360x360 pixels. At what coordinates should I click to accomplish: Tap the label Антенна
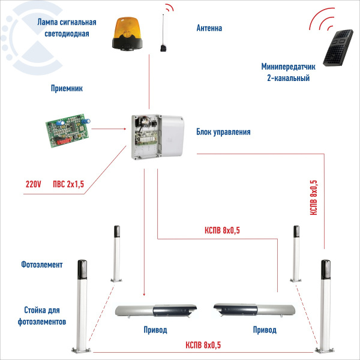tap(209, 28)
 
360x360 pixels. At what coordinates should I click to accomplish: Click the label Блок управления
tap(223, 132)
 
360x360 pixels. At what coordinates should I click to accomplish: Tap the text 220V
tap(34, 185)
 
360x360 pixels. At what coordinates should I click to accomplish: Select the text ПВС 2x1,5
tap(68, 185)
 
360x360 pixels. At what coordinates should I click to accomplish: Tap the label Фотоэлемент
tap(41, 265)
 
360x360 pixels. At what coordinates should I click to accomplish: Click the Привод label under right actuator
tap(265, 330)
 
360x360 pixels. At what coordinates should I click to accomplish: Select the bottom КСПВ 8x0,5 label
tap(203, 344)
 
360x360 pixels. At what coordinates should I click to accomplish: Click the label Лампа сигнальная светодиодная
tap(67, 29)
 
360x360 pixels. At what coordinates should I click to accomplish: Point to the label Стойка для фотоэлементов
tap(41, 317)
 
